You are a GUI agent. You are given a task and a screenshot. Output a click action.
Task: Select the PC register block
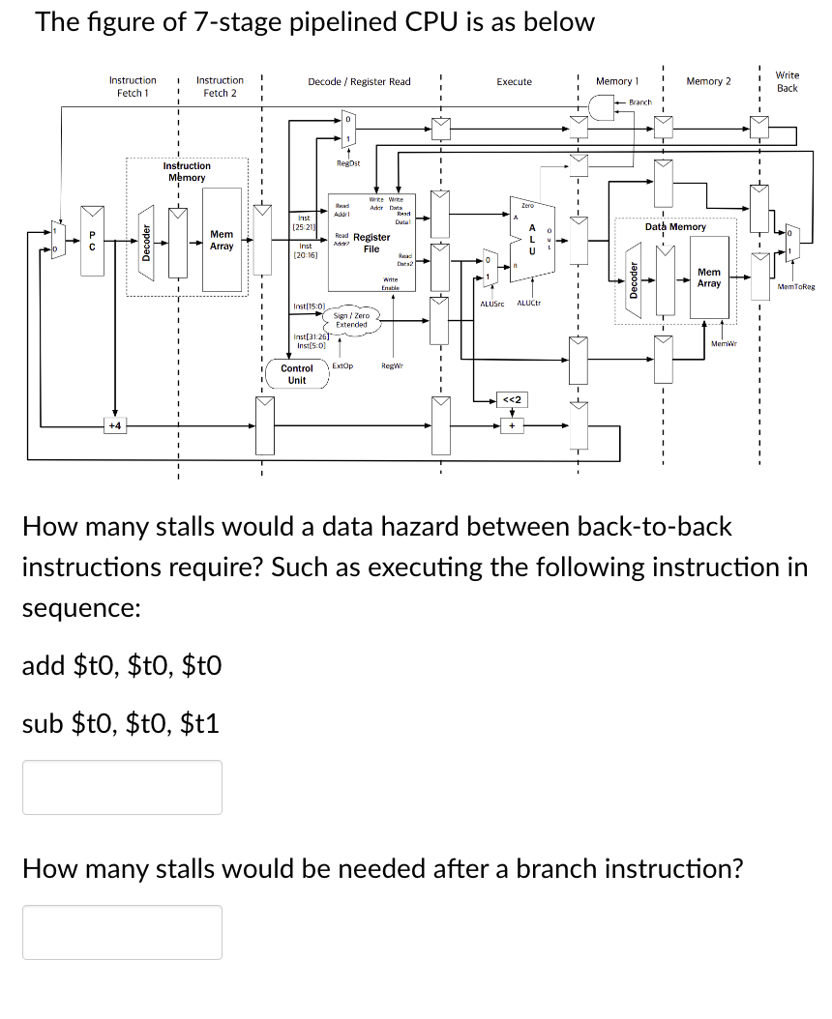pyautogui.click(x=91, y=242)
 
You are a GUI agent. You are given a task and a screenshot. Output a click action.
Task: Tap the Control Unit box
pyautogui.click(x=297, y=374)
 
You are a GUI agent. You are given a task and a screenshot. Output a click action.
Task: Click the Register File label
pyautogui.click(x=371, y=243)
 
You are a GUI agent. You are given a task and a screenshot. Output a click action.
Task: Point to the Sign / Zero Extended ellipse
pyautogui.click(x=351, y=320)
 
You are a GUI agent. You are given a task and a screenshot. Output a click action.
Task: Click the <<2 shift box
pyautogui.click(x=512, y=400)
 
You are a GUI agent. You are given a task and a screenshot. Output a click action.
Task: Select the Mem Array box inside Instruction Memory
pyautogui.click(x=222, y=241)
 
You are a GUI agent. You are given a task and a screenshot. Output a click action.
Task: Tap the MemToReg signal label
pyautogui.click(x=795, y=287)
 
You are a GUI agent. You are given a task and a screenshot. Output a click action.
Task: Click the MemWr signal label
pyautogui.click(x=724, y=343)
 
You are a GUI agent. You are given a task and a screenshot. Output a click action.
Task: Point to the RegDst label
pyautogui.click(x=348, y=164)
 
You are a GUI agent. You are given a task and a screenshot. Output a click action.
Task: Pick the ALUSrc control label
pyautogui.click(x=492, y=304)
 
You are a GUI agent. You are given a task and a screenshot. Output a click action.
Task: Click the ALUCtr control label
pyautogui.click(x=529, y=304)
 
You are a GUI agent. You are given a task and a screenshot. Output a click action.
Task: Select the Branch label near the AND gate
pyautogui.click(x=640, y=102)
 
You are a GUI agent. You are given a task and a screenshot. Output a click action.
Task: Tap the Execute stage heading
pyautogui.click(x=514, y=82)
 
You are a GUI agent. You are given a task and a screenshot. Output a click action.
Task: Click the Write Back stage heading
pyautogui.click(x=787, y=81)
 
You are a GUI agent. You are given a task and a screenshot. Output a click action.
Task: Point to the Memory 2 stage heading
pyautogui.click(x=708, y=81)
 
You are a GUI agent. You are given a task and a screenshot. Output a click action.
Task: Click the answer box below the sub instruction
pyautogui.click(x=122, y=787)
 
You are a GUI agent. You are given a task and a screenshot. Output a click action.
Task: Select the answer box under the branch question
pyautogui.click(x=122, y=932)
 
